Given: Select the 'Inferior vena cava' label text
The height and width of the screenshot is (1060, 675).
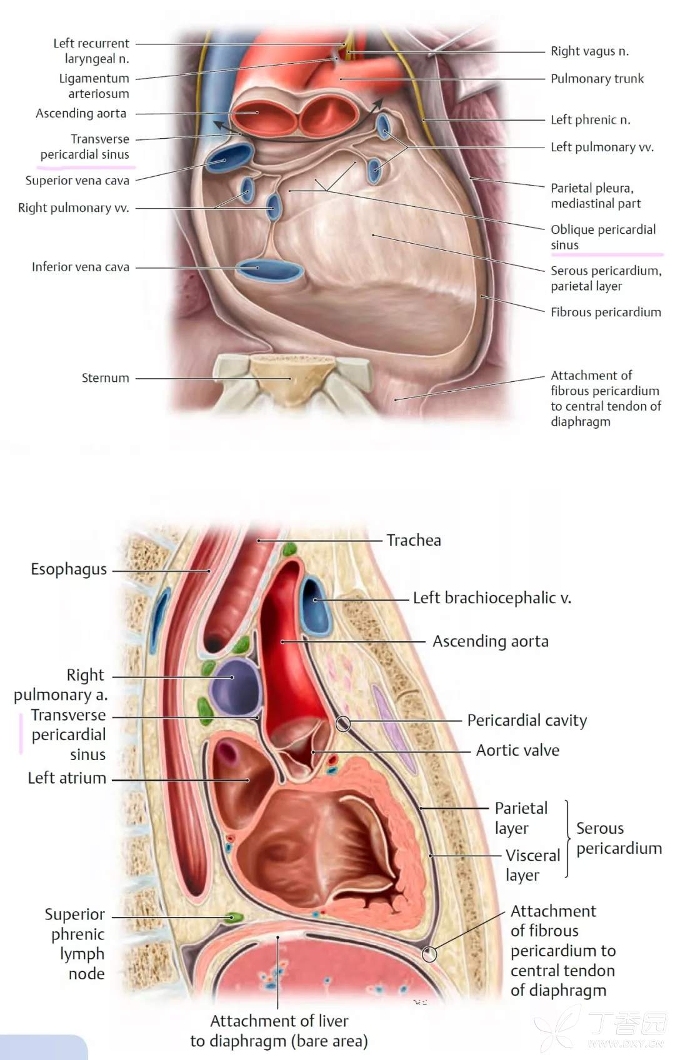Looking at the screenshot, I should (x=81, y=267).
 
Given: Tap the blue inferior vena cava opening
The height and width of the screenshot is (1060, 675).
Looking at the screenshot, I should (x=269, y=270).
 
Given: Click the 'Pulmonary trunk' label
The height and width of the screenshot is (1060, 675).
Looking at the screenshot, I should (x=597, y=79).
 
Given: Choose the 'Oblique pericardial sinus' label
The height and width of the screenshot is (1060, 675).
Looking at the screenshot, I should (x=602, y=237).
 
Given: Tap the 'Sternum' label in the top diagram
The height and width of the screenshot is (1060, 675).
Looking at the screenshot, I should (x=105, y=378).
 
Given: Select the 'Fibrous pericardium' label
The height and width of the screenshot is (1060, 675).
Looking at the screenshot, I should (x=605, y=312).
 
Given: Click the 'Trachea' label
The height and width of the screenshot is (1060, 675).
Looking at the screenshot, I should (x=413, y=540).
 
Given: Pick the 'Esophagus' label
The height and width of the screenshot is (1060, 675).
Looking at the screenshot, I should (x=69, y=569).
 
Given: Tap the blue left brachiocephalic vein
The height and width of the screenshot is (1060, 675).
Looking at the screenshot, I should (x=316, y=605).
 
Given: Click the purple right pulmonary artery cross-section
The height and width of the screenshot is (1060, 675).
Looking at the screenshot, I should (x=234, y=686).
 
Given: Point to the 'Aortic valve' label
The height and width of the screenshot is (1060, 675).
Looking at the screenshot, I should (x=517, y=750).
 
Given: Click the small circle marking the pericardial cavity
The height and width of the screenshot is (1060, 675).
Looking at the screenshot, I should (x=343, y=724).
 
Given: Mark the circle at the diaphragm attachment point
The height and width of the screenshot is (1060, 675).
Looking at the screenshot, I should (x=429, y=954).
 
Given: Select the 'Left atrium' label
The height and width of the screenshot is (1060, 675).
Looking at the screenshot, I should (x=67, y=778).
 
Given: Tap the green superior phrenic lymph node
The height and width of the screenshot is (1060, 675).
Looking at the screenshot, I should (x=234, y=917).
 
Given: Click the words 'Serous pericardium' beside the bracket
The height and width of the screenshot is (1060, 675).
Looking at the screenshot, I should (x=618, y=838).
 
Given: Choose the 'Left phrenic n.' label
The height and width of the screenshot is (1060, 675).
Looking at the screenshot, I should (x=590, y=120).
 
